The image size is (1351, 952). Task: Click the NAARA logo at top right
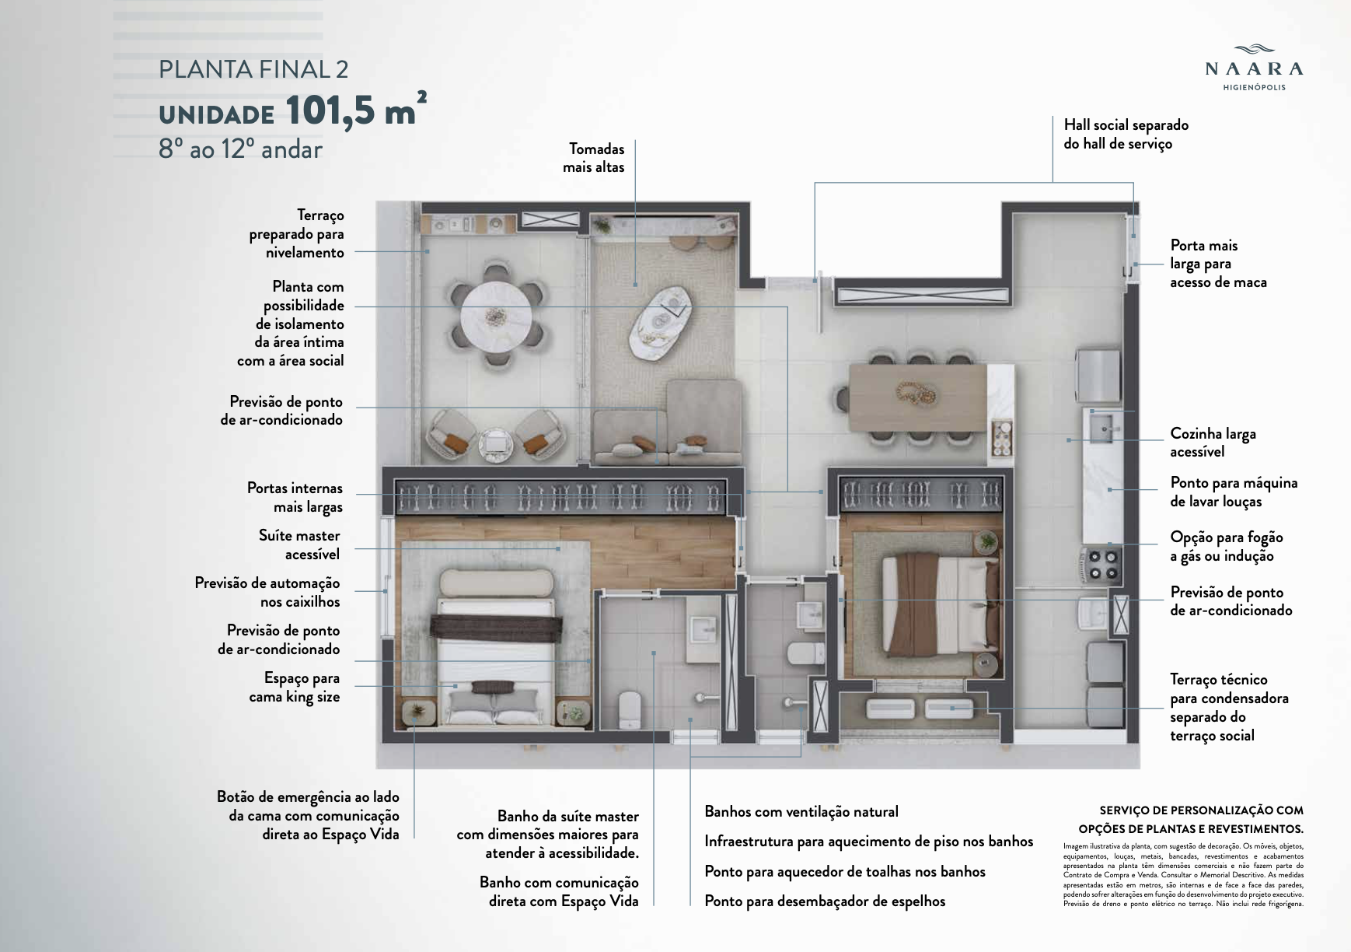coord(1254,67)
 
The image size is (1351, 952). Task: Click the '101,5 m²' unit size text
coord(356,110)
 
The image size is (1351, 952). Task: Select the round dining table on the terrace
coord(495,316)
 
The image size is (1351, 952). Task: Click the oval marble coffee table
coord(661,324)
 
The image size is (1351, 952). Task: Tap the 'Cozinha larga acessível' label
coord(1213,443)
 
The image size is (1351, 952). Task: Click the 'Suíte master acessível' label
coord(300,544)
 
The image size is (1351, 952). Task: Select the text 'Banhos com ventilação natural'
coord(801,811)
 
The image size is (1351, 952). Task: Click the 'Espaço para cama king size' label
coord(295,688)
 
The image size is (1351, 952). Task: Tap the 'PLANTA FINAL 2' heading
coord(253,69)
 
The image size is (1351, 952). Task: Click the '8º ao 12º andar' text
coord(240,149)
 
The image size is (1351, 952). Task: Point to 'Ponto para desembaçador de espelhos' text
coord(825,901)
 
